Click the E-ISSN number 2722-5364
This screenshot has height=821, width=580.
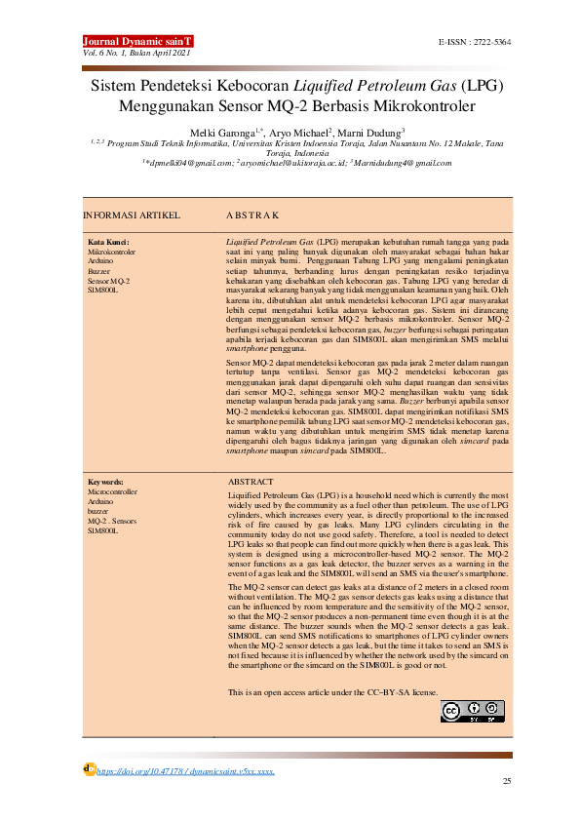476,44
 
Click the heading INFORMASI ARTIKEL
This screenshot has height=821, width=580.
129,214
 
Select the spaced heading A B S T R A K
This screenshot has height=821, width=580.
252,214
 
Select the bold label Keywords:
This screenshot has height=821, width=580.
106,482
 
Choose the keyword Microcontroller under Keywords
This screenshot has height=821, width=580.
113,492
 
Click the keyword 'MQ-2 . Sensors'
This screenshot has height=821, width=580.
112,522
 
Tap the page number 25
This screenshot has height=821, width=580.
506,782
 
